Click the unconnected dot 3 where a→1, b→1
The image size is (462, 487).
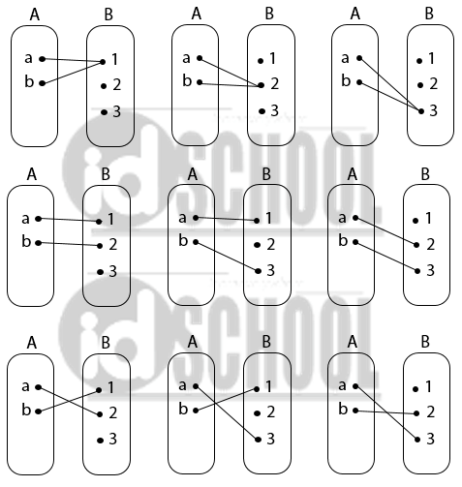(104, 112)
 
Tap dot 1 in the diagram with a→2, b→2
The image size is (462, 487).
(261, 61)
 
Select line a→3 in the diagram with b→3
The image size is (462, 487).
(390, 84)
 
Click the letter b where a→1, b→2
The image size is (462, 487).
(26, 241)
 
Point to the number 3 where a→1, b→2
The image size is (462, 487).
(112, 271)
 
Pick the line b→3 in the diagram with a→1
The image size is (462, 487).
(227, 257)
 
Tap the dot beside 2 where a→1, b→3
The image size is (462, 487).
(257, 245)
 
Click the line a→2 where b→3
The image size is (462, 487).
(385, 231)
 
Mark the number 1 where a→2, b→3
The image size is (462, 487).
(428, 219)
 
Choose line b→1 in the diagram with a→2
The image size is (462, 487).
(69, 401)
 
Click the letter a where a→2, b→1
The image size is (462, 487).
(25, 386)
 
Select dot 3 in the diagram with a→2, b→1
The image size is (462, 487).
(100, 441)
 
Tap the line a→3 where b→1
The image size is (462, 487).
(227, 412)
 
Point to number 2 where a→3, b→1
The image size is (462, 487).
(270, 412)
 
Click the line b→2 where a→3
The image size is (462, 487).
(385, 412)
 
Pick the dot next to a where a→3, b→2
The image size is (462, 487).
(355, 386)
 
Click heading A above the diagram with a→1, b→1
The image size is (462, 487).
(35, 15)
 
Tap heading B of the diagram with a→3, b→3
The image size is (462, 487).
(429, 14)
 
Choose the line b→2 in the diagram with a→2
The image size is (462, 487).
(231, 84)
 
